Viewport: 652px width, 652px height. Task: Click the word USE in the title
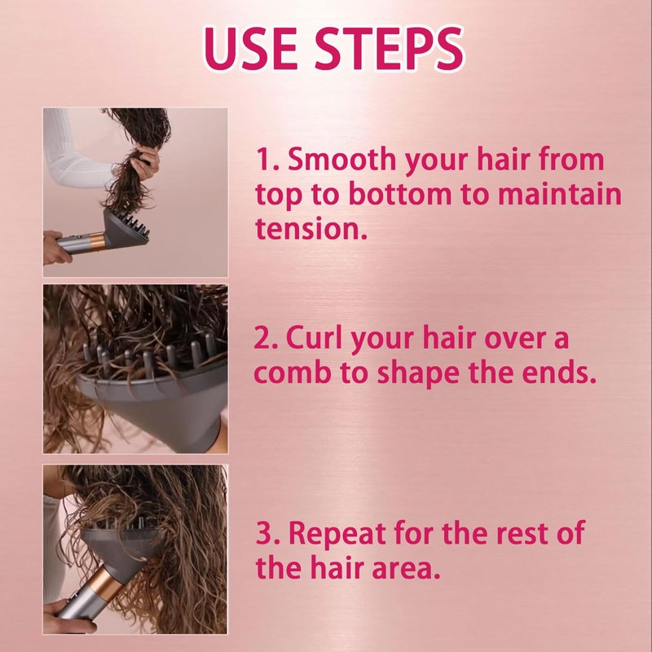250,48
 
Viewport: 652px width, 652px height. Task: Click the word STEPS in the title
389,48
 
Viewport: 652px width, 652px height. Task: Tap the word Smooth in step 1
341,159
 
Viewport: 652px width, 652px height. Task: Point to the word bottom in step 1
399,194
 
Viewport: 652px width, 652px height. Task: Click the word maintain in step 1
560,194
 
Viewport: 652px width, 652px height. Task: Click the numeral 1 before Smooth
264,159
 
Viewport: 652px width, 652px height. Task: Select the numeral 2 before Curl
262,337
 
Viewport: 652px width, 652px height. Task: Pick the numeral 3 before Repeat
264,534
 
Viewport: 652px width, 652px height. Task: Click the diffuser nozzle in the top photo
126,230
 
